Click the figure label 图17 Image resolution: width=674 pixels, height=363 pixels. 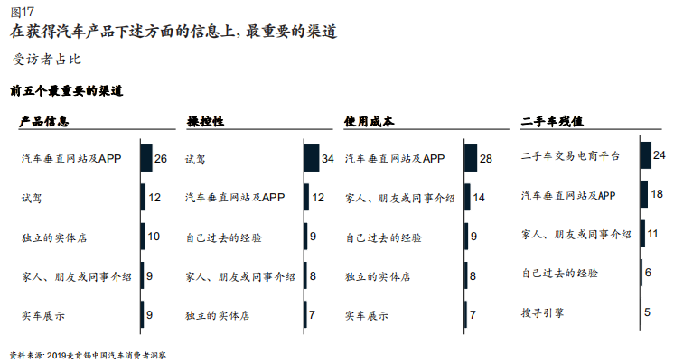(22, 12)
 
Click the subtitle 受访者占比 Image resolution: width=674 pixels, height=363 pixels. (47, 60)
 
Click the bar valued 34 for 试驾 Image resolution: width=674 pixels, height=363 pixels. (312, 158)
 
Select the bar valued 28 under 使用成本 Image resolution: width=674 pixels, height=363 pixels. (470, 158)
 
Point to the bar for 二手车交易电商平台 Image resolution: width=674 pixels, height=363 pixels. (645, 155)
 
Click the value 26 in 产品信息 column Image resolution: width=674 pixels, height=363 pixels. (161, 158)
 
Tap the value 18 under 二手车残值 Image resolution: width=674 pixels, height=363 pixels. (658, 194)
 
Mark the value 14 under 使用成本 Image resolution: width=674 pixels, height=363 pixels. (480, 197)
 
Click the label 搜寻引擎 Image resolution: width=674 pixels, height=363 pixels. (542, 312)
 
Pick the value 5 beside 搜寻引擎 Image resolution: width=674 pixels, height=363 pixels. (647, 312)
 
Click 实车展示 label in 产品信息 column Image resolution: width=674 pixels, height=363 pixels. (44, 315)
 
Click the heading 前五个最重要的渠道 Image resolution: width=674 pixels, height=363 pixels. (66, 91)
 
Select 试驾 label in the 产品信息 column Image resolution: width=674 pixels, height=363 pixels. (32, 197)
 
